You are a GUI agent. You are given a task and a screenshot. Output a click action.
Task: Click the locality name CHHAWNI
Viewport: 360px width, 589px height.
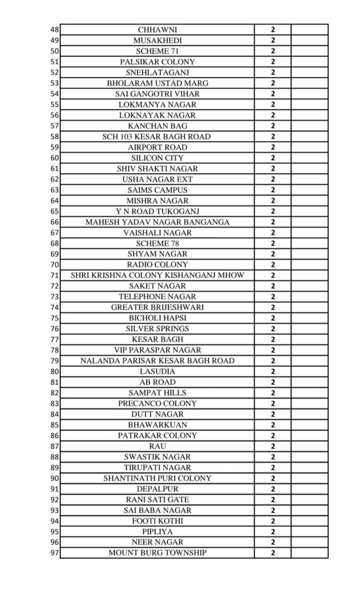pos(157,29)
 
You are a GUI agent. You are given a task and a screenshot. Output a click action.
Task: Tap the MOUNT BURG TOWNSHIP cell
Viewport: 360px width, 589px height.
pos(157,553)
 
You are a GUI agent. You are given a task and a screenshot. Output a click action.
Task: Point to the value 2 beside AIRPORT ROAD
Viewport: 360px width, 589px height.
pos(273,147)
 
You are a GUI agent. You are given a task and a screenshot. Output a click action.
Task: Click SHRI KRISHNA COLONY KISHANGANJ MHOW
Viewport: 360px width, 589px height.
pos(157,276)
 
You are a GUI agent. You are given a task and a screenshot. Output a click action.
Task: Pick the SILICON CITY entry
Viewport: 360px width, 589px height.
pos(157,158)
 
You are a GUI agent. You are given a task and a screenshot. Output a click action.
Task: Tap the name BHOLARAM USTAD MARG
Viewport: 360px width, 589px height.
pos(157,83)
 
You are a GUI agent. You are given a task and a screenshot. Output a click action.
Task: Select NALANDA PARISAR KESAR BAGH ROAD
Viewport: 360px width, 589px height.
pos(157,361)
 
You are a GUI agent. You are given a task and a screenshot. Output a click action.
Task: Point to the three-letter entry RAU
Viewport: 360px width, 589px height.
pos(157,446)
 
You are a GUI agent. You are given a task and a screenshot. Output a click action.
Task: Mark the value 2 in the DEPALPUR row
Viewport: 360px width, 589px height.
pos(273,489)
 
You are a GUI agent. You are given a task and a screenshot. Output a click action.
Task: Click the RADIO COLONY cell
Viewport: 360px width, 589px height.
pos(157,265)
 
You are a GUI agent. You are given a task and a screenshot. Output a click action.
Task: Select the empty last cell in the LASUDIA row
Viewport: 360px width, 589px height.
pos(309,372)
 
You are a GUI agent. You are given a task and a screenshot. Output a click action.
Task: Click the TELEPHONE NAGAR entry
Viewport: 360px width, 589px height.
pos(157,296)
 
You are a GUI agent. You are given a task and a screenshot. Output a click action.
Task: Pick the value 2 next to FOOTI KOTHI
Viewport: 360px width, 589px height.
pos(273,521)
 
